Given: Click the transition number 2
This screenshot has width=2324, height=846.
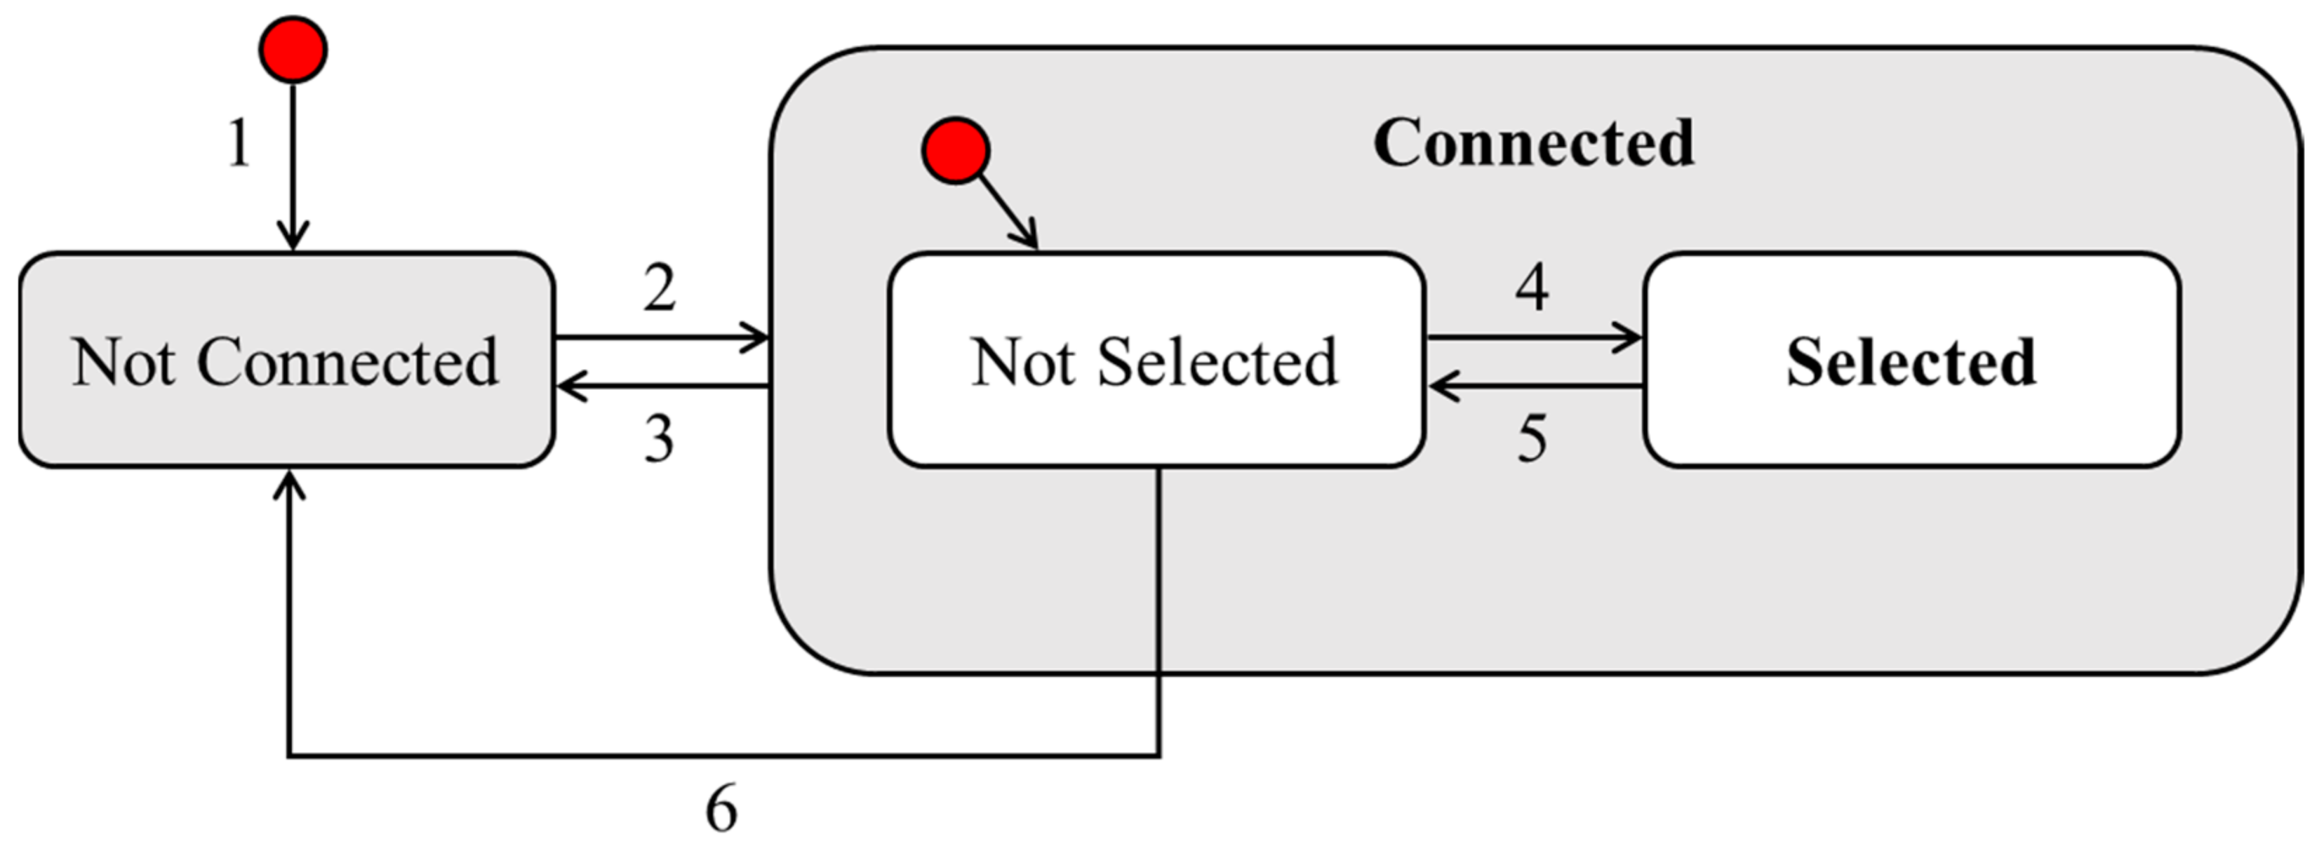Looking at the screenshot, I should [x=660, y=288].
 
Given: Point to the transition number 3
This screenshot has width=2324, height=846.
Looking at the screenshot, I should [x=660, y=439].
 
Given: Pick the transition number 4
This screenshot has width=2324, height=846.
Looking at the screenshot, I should [x=1532, y=288].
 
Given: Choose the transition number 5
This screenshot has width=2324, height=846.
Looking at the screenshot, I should [x=1532, y=439].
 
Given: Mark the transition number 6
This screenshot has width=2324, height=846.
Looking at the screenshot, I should [x=721, y=808].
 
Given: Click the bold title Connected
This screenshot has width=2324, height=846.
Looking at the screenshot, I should [x=1534, y=142].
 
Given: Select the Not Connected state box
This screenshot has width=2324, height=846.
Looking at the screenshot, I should [x=286, y=361].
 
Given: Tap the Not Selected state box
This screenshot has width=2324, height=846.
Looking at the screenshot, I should [x=1156, y=361].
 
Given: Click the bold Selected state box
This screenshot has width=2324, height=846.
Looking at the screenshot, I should [x=1911, y=361].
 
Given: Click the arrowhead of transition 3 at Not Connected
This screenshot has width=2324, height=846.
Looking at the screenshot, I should [x=568, y=387].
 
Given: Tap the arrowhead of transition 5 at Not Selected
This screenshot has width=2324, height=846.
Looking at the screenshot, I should [x=1441, y=387].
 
